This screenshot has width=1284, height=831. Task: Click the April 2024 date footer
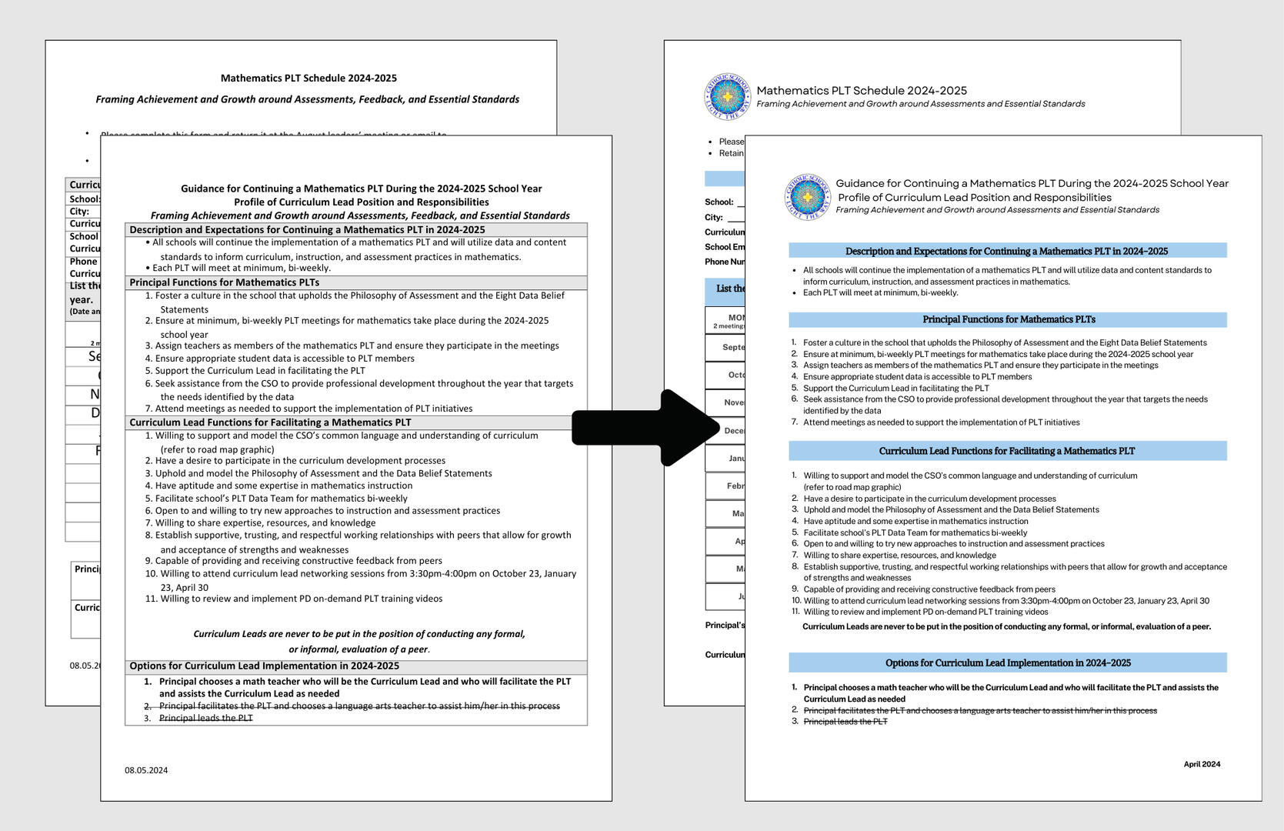[1201, 764]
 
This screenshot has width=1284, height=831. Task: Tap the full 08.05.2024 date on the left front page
[146, 770]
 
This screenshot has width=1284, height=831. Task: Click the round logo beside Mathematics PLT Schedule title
[727, 96]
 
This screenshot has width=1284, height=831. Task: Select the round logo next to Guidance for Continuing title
[807, 196]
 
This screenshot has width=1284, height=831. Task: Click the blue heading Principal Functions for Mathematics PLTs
[1008, 319]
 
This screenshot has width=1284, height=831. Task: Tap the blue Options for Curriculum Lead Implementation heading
[1008, 662]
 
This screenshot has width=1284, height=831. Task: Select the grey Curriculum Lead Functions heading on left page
[270, 422]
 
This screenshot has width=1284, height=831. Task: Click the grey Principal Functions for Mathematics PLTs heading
[224, 282]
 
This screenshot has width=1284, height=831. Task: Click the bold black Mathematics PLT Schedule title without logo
[308, 78]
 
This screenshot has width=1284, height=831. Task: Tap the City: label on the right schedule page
[714, 217]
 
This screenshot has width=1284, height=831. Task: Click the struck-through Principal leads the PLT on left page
[205, 718]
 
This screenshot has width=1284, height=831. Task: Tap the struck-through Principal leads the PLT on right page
[845, 722]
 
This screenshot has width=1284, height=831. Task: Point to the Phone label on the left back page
[83, 262]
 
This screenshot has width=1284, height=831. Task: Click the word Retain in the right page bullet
[731, 153]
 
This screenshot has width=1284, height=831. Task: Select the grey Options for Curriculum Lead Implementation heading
[264, 666]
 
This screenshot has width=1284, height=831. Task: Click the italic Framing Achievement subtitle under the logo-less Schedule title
[307, 99]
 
